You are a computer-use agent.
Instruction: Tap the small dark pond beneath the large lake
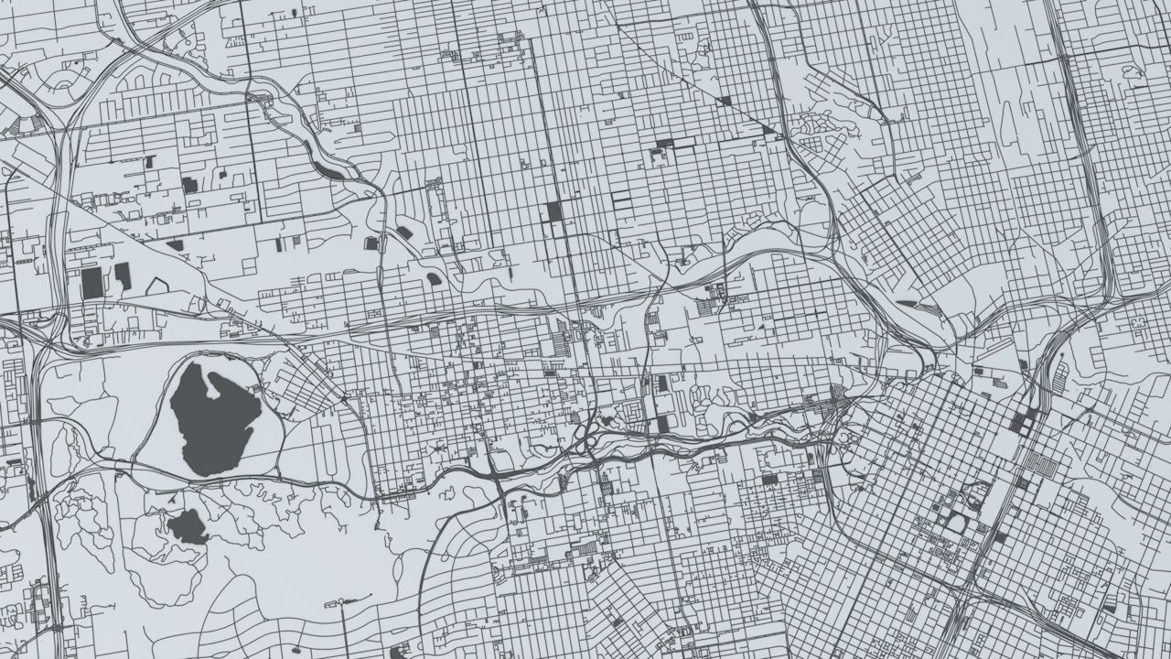pos(188,527)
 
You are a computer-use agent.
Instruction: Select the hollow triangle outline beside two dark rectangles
pos(157,286)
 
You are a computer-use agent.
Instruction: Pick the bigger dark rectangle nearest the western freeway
pos(92,283)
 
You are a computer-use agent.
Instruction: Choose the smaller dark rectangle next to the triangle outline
pos(123,275)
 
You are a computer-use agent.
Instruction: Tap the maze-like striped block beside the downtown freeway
pos(1038,462)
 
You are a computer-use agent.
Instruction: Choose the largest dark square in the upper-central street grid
pos(554,212)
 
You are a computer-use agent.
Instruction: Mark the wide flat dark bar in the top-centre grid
pos(664,144)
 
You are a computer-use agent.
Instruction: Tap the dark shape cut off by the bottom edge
pos(397,653)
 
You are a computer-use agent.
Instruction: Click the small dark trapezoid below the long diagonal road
pos(175,245)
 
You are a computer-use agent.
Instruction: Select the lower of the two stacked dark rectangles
pos(662,424)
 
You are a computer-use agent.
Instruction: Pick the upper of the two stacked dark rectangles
pos(661,384)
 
